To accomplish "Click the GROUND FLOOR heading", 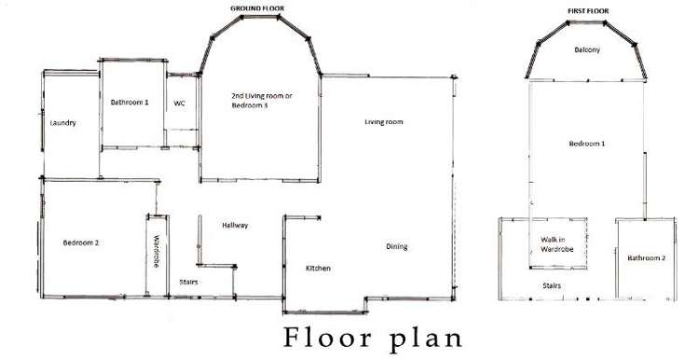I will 257,7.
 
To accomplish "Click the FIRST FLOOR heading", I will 587,10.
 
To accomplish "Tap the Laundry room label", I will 62,122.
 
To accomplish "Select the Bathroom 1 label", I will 130,102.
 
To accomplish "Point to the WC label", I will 180,104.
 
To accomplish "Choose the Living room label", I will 383,122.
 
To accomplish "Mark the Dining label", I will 397,246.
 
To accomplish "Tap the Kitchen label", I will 319,269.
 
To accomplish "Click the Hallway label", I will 235,226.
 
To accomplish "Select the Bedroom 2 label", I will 81,243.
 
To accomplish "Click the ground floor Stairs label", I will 188,282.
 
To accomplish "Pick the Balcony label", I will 586,49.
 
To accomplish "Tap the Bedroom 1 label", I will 587,144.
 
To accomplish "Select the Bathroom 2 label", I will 646,257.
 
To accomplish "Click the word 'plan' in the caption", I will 420,337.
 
